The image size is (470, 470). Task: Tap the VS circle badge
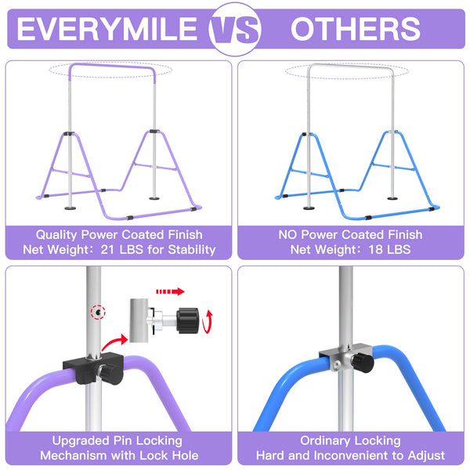point(235,30)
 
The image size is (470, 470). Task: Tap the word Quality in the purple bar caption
point(60,234)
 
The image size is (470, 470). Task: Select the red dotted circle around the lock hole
point(96,312)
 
